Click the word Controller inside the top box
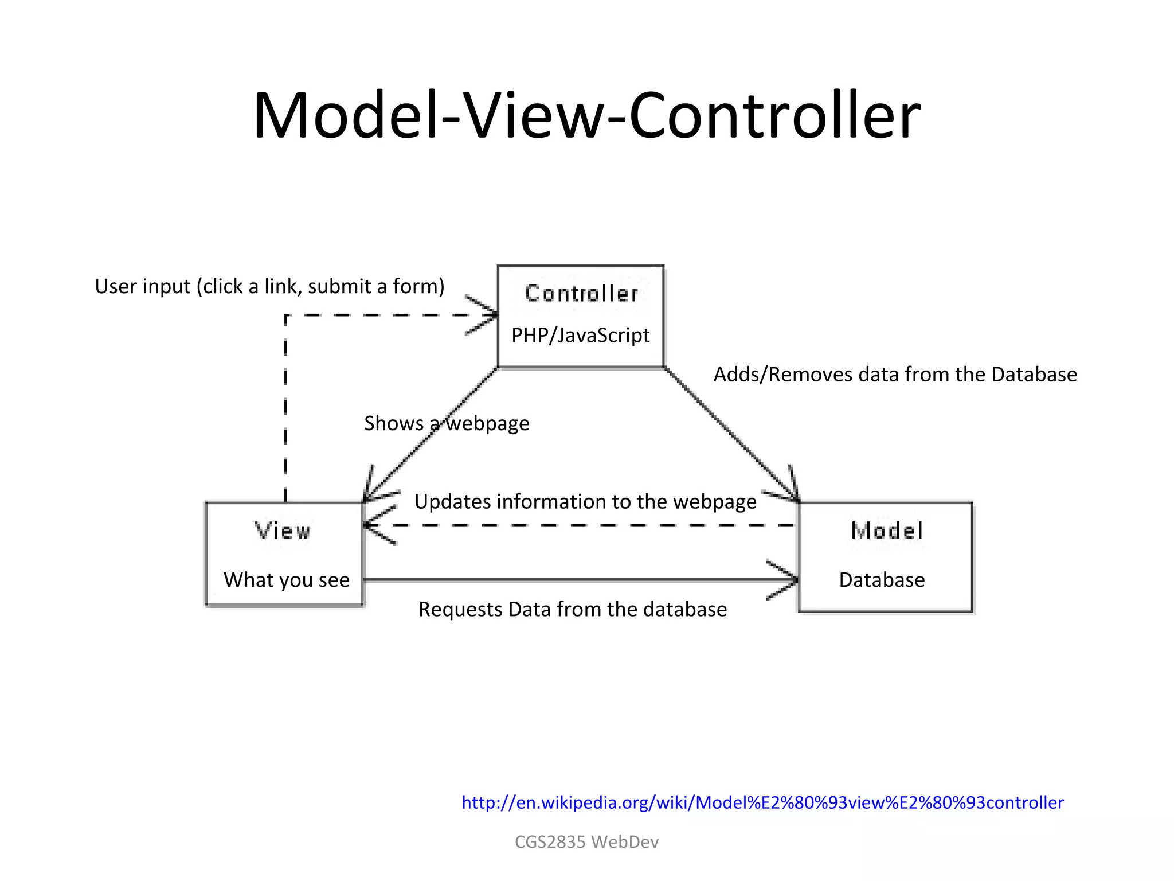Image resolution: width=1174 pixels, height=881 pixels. [x=581, y=294]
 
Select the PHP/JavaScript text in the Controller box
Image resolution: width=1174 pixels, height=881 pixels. [x=580, y=336]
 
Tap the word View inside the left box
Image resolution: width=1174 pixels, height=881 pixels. [x=283, y=531]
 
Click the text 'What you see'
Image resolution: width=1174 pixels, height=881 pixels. [x=287, y=580]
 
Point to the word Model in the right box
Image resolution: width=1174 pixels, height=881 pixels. [x=887, y=531]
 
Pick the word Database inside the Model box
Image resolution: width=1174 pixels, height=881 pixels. [x=882, y=580]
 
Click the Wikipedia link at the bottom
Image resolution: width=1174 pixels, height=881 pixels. [x=762, y=802]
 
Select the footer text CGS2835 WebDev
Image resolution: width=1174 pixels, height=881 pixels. [x=586, y=842]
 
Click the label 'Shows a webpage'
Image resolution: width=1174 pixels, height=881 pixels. [x=447, y=424]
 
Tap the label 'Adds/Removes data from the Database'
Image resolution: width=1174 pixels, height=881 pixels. [x=895, y=375]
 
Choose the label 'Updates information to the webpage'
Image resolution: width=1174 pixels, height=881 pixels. [x=585, y=502]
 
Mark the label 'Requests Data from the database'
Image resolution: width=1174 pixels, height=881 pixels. [x=573, y=609]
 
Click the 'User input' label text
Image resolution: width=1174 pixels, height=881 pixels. [x=269, y=286]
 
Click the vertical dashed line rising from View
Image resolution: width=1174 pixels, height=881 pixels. [x=285, y=413]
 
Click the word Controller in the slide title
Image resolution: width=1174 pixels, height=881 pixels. [x=774, y=116]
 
